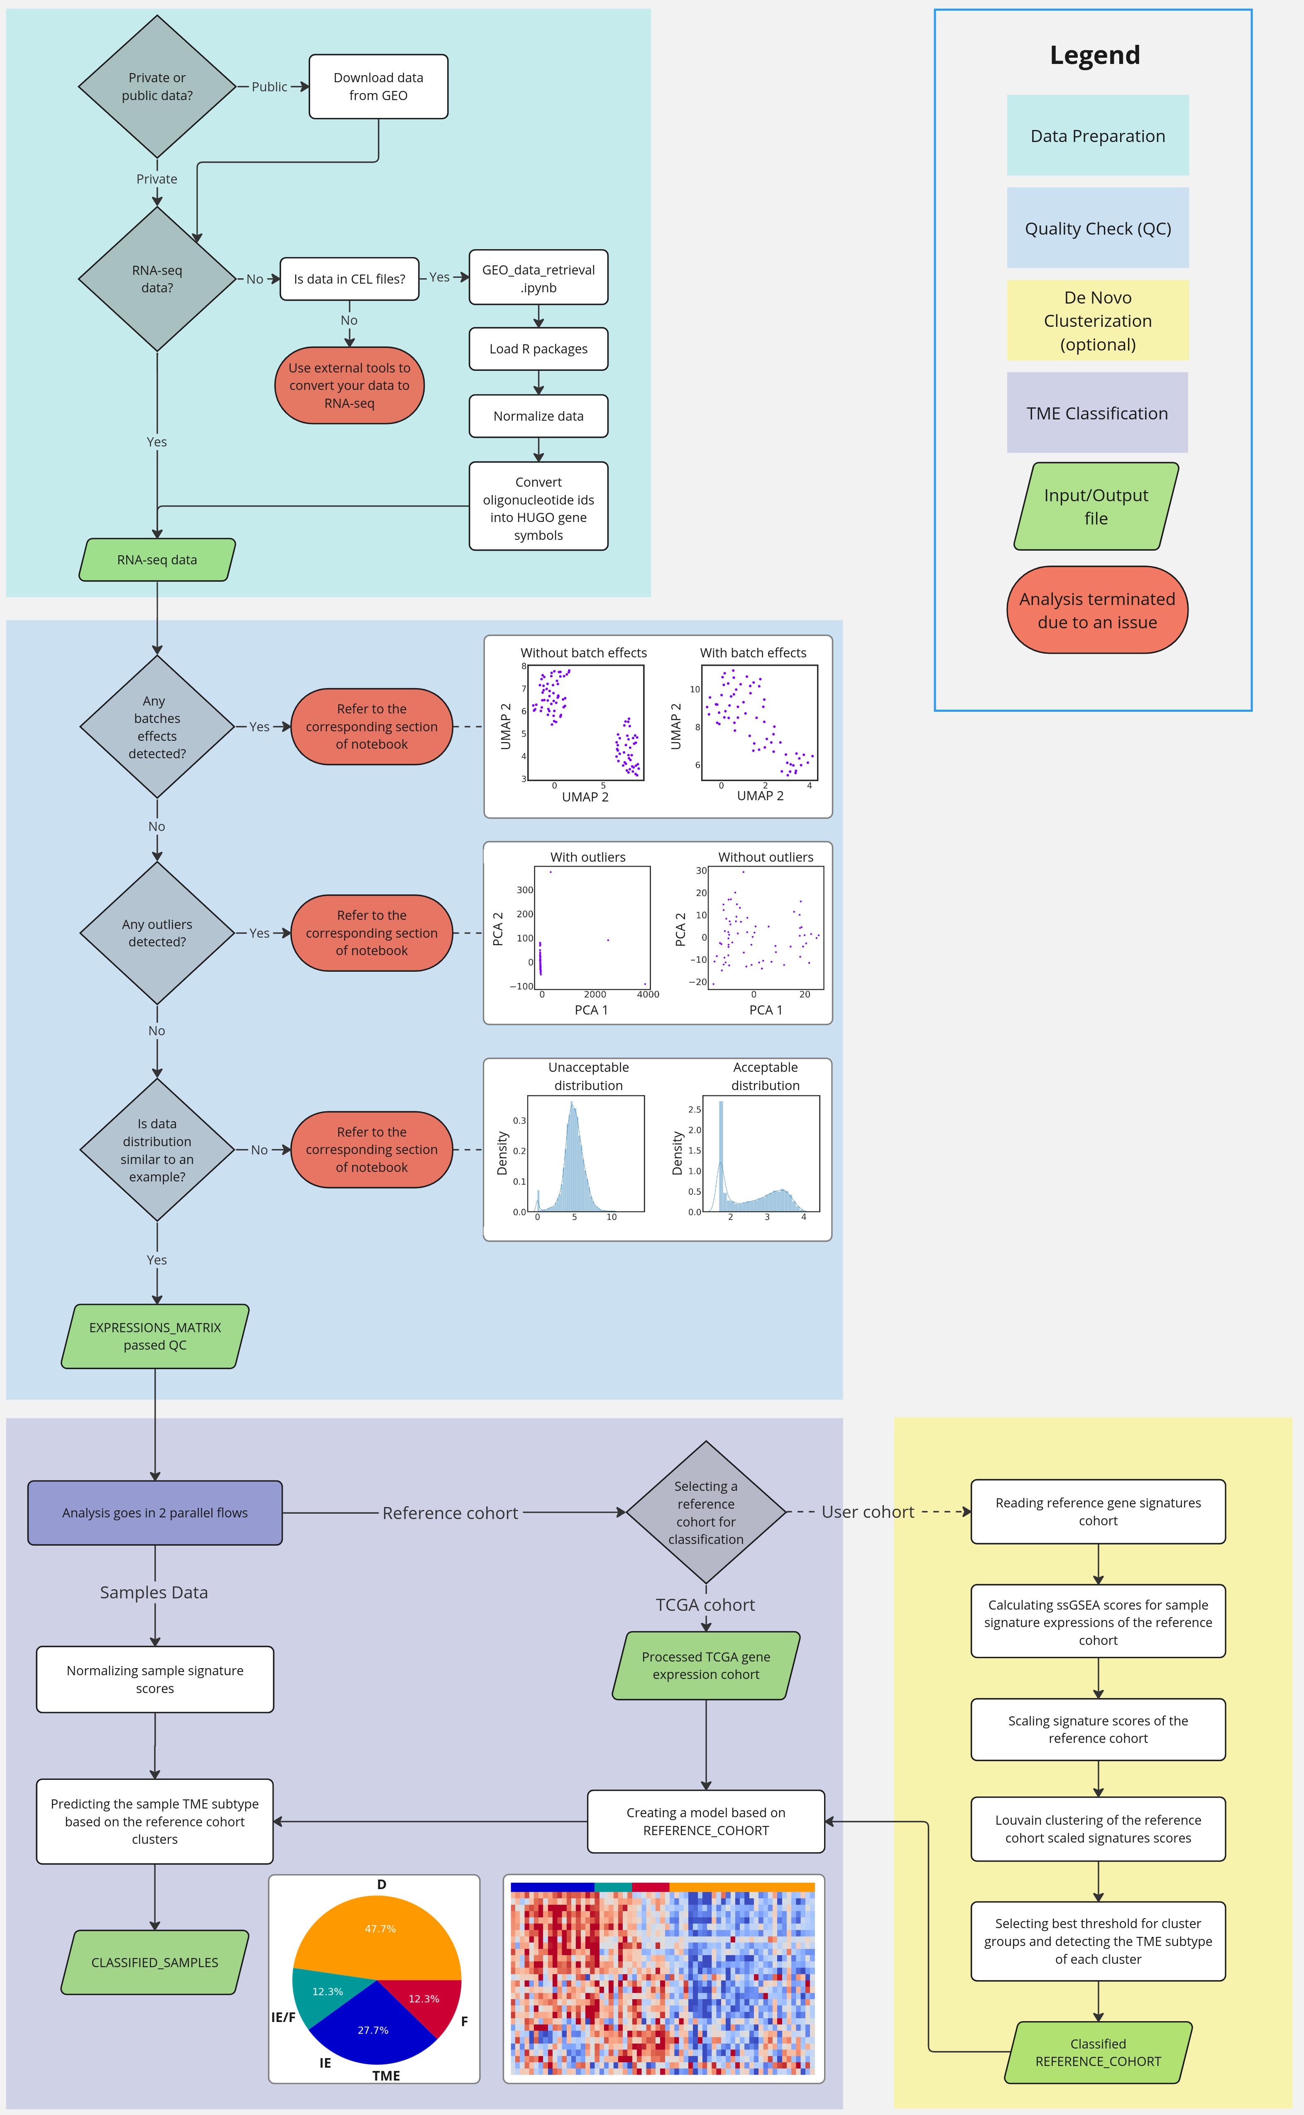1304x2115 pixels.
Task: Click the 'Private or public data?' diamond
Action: [x=157, y=86]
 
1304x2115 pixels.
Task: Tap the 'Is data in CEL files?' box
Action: [x=349, y=279]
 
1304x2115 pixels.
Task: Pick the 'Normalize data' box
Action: [x=538, y=416]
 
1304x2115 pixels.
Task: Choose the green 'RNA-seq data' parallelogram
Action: [x=157, y=560]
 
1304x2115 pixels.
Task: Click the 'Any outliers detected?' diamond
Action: [x=157, y=932]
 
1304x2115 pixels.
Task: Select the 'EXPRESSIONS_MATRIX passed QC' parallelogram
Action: [x=155, y=1336]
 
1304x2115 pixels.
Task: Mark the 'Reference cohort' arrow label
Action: [x=450, y=1513]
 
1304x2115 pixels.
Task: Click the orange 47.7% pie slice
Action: [x=379, y=1932]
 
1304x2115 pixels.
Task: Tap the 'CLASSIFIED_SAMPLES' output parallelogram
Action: [x=155, y=1962]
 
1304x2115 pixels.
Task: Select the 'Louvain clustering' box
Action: [x=1098, y=1828]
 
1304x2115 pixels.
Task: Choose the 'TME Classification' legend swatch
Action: [x=1097, y=413]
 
